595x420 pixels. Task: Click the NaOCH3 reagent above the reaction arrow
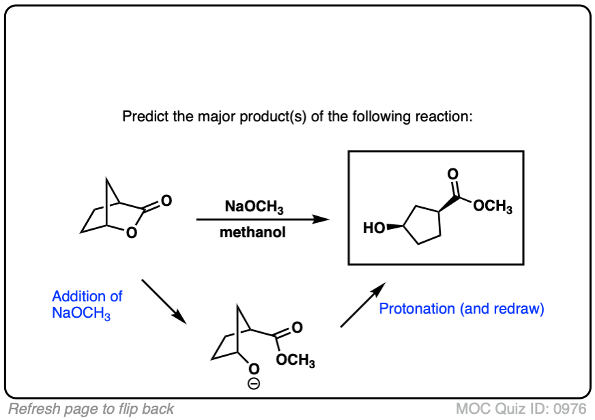253,207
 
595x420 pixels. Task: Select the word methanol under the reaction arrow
252,233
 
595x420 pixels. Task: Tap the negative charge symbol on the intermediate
253,385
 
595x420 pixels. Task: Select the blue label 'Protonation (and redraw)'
461,309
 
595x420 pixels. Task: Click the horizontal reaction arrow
262,220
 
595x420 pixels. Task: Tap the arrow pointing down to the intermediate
164,300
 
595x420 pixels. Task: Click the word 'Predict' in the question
143,116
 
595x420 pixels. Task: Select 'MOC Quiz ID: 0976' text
521,409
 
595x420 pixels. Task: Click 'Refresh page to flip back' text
91,409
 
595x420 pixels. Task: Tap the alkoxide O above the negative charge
253,371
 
